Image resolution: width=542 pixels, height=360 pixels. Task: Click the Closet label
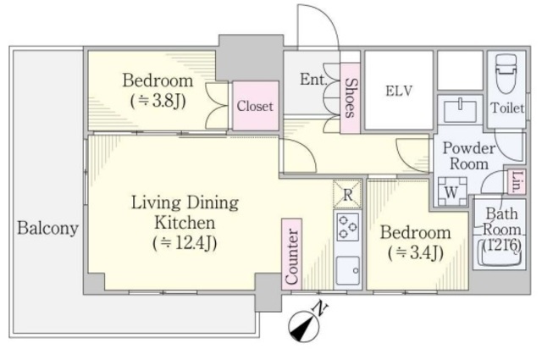tap(255, 106)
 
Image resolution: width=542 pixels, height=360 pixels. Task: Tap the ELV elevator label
tap(399, 91)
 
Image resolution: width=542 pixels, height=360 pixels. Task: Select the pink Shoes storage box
tap(350, 98)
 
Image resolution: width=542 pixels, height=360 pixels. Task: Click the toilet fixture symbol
tap(506, 74)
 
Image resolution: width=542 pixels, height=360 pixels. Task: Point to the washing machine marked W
tap(451, 191)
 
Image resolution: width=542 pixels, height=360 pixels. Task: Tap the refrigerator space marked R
tap(347, 194)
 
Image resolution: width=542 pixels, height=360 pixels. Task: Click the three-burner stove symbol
tap(348, 227)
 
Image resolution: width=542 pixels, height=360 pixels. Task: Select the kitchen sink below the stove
tap(348, 270)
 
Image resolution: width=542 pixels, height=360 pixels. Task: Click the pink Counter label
tap(291, 254)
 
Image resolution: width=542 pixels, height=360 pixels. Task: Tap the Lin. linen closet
tap(517, 182)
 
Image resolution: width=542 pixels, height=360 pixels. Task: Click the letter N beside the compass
tap(320, 307)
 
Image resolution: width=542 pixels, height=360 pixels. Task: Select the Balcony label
tap(47, 228)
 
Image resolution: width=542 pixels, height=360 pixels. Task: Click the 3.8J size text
tap(158, 101)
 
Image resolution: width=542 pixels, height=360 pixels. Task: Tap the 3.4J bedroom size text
tap(415, 253)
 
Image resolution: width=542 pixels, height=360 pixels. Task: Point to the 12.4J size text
tap(185, 243)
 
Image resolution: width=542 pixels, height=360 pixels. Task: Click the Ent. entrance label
tap(312, 80)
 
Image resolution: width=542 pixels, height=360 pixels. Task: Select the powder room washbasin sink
tap(460, 110)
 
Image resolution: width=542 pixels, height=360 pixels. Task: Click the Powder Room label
tap(469, 156)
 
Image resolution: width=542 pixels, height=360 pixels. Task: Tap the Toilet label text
tap(507, 108)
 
